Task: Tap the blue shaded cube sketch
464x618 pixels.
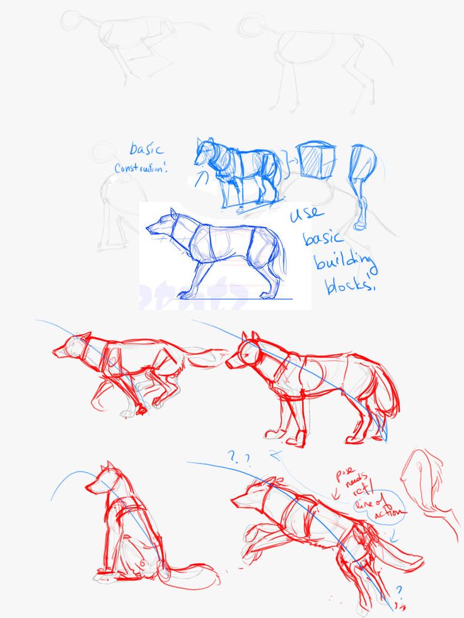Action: [x=316, y=160]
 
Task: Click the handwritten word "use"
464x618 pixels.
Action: [x=307, y=214]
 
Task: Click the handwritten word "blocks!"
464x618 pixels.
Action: [x=350, y=286]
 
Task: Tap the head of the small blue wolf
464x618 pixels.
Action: [x=206, y=151]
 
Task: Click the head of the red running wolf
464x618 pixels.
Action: [x=72, y=346]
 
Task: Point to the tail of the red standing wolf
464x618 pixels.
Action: [x=386, y=397]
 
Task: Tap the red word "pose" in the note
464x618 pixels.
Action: [x=344, y=472]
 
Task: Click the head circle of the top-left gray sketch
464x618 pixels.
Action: [x=71, y=20]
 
